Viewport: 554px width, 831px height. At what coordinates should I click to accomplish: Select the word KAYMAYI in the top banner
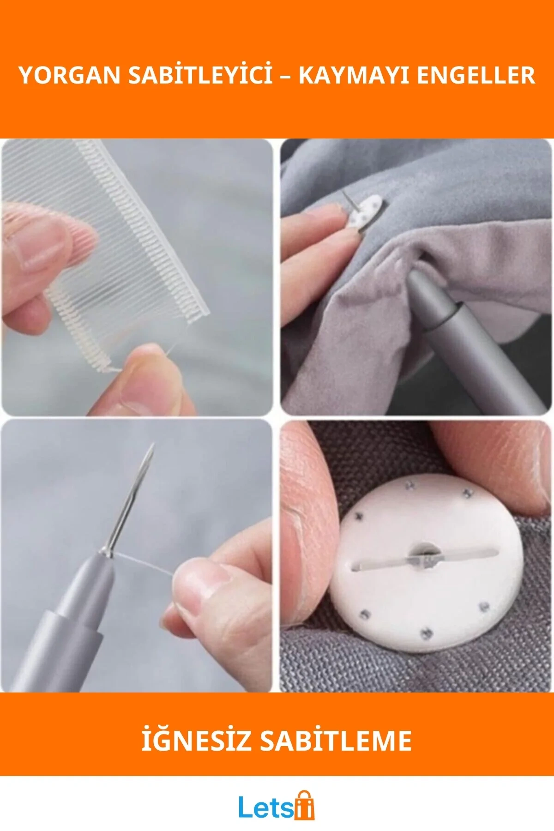click(x=354, y=75)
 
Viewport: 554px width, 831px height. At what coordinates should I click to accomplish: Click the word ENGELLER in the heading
click(x=476, y=75)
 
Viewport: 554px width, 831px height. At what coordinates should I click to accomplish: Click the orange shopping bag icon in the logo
click(x=304, y=805)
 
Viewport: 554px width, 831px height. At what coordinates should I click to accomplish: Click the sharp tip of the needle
click(x=152, y=445)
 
